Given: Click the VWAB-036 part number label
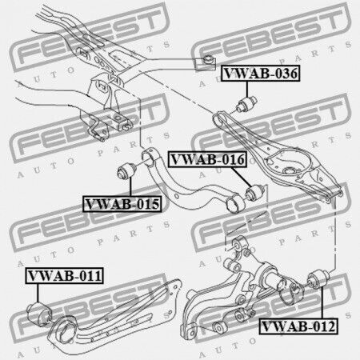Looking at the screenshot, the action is click(261, 73).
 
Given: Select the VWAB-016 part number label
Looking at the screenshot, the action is click(207, 159).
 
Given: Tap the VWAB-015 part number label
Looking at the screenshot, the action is click(122, 204).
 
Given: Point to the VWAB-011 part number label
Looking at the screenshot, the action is click(65, 275).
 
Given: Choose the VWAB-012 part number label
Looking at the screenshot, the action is click(298, 326).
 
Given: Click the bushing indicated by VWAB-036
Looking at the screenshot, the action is click(247, 105).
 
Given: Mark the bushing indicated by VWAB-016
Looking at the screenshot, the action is click(255, 193).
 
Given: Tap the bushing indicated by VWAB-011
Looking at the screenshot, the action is click(39, 314).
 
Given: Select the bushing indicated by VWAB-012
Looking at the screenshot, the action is click(318, 279).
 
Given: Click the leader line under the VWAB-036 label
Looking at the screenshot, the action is click(247, 90).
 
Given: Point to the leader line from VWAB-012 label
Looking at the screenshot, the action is click(322, 303).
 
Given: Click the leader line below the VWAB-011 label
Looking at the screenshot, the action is click(38, 293).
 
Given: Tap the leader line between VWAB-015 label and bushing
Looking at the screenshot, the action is click(130, 187).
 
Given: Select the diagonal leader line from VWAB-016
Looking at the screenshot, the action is click(242, 177).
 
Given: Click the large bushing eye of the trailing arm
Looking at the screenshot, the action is click(65, 330).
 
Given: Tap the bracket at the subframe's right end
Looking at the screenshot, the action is click(205, 63).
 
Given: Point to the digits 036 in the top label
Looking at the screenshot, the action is click(286, 73).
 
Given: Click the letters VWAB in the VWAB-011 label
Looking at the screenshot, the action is click(46, 275).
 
